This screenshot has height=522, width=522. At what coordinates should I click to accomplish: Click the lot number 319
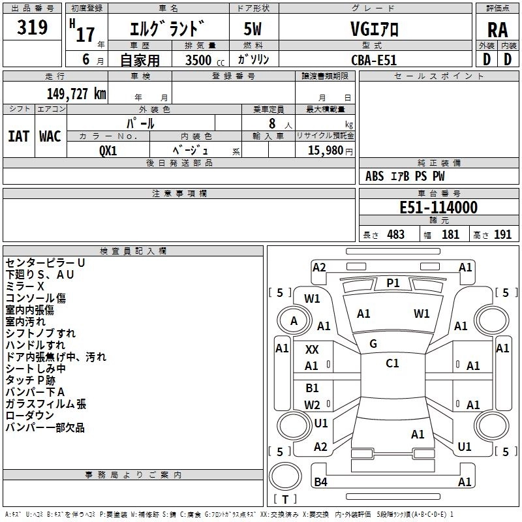click(33, 28)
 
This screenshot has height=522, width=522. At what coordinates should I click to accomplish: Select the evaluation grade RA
click(497, 30)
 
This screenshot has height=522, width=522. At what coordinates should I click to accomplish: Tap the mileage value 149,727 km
click(76, 93)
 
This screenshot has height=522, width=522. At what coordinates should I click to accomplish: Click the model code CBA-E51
click(374, 59)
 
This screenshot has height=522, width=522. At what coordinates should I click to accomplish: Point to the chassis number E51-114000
click(438, 208)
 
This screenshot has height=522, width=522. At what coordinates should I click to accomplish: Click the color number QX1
click(108, 149)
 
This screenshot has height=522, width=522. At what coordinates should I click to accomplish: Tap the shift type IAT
click(18, 136)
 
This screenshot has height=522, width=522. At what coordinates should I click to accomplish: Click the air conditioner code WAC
click(50, 136)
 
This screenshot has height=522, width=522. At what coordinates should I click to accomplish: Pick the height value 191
click(502, 235)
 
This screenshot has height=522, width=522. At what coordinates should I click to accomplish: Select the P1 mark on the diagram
click(393, 283)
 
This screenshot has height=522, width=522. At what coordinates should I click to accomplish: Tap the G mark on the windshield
click(373, 344)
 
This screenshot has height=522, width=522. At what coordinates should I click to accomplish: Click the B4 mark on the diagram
click(320, 482)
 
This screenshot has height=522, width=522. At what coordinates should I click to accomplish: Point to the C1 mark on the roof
click(392, 363)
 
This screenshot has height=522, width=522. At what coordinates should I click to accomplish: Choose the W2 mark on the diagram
click(312, 405)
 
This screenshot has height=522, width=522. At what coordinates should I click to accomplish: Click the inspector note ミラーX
click(25, 286)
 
